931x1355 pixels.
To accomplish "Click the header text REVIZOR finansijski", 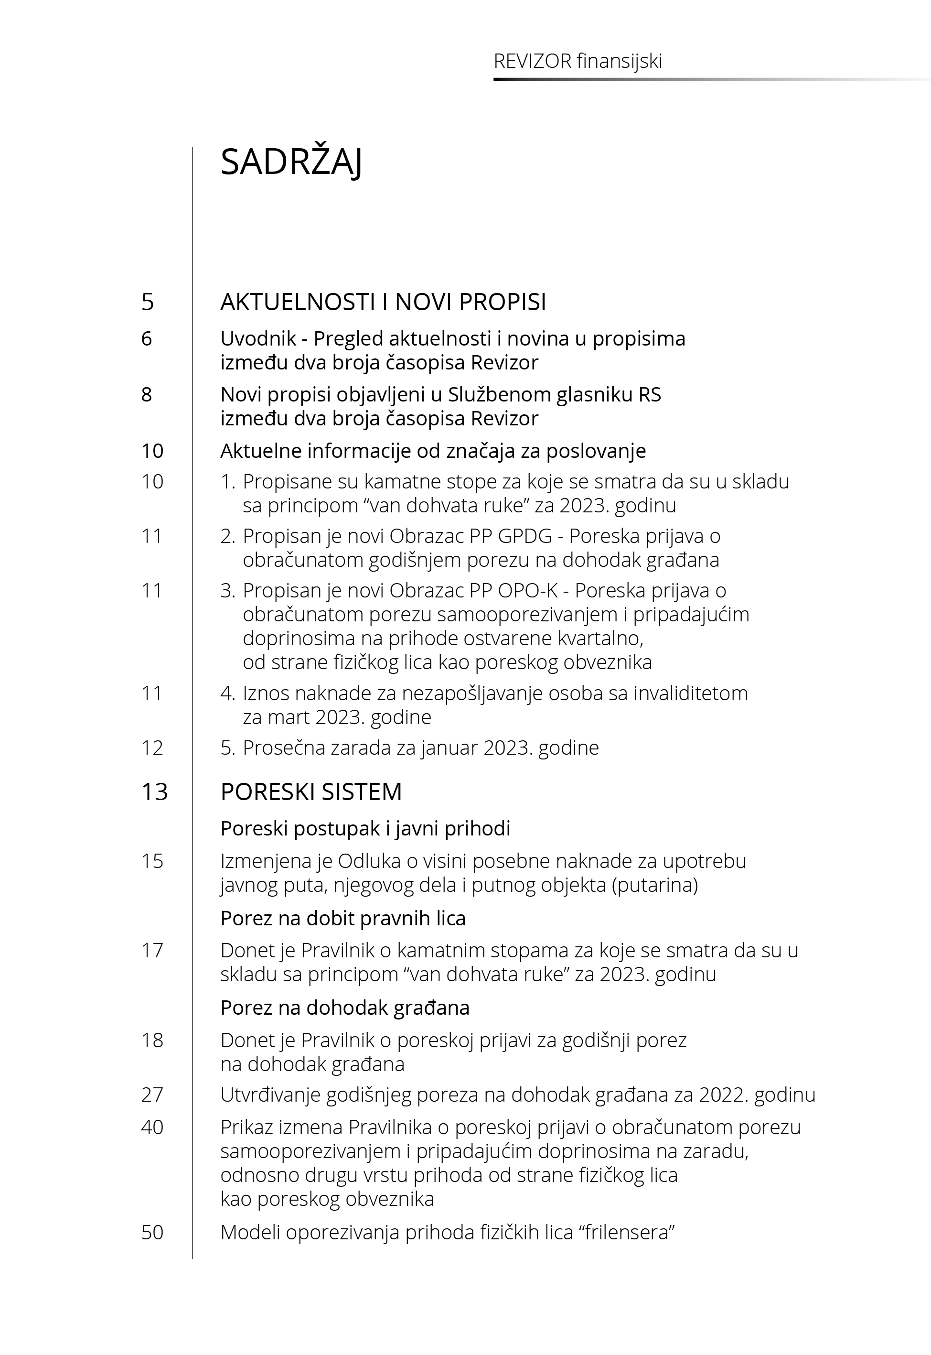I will click(578, 61).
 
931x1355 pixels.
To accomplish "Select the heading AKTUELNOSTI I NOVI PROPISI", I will click(383, 302).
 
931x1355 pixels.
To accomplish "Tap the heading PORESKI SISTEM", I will click(311, 792).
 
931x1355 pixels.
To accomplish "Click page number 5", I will click(148, 302).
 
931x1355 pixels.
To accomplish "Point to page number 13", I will click(155, 792).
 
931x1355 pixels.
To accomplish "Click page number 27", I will click(152, 1094).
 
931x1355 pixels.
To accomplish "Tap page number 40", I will click(152, 1127).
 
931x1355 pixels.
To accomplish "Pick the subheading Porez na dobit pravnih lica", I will click(343, 918).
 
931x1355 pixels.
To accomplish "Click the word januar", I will click(449, 748).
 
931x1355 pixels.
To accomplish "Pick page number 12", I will click(152, 748).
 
